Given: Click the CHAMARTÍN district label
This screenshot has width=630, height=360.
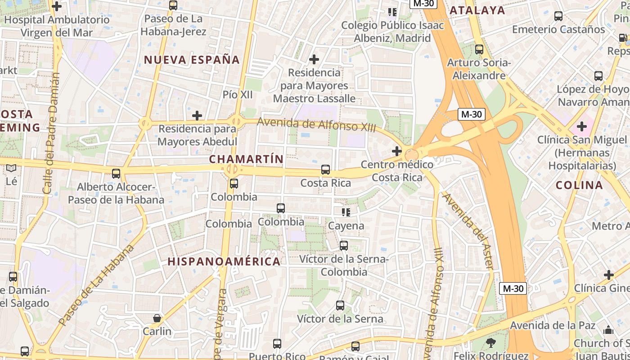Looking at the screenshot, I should click(x=246, y=159).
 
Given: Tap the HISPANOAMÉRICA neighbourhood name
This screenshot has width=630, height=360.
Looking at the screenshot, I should click(x=224, y=261).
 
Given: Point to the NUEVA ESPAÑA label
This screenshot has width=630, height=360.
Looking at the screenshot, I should click(x=192, y=60).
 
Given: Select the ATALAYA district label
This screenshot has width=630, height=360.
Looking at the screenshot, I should click(x=477, y=10).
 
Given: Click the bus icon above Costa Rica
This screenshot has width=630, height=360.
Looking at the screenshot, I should click(x=325, y=170).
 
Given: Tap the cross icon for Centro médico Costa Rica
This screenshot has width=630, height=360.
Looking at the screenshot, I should click(x=396, y=151).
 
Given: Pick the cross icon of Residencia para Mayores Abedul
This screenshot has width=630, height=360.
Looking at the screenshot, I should click(x=197, y=116).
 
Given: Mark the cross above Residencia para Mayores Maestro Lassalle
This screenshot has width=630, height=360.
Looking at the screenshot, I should click(x=314, y=59).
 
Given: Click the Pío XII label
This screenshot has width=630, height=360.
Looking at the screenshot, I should click(x=238, y=94).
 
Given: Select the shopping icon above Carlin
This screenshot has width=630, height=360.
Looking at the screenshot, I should click(x=157, y=318).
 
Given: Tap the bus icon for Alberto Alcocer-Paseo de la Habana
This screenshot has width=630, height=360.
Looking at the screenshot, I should click(x=116, y=173).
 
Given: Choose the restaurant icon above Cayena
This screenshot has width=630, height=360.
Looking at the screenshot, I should click(x=346, y=212).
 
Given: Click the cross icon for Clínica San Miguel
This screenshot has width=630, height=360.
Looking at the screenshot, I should click(x=581, y=126).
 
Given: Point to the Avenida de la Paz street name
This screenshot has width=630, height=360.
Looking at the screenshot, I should click(x=559, y=325).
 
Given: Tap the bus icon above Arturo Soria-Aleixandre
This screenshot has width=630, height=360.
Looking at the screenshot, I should click(x=479, y=49).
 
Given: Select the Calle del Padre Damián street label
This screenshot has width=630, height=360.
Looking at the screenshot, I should click(x=51, y=133).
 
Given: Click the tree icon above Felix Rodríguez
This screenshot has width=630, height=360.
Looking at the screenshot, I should click(x=490, y=343).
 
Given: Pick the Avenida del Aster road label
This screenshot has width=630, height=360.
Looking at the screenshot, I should click(x=468, y=231).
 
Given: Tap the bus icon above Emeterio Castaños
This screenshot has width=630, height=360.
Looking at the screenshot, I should click(x=558, y=16).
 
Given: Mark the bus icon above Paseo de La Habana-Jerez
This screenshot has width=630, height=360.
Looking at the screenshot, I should click(x=173, y=5).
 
